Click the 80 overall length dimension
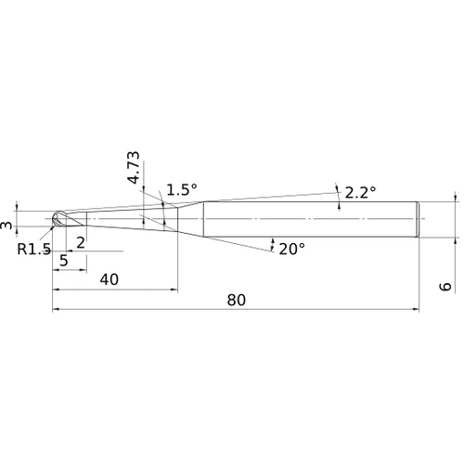click(x=237, y=300)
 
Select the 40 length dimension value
click(x=109, y=279)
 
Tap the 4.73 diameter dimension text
click(x=134, y=167)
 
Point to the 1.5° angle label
click(x=182, y=189)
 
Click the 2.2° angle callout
click(x=360, y=193)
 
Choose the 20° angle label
click(x=291, y=249)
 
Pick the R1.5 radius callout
click(x=33, y=249)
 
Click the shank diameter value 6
click(x=445, y=287)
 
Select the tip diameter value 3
click(x=6, y=225)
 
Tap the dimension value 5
click(x=64, y=261)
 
